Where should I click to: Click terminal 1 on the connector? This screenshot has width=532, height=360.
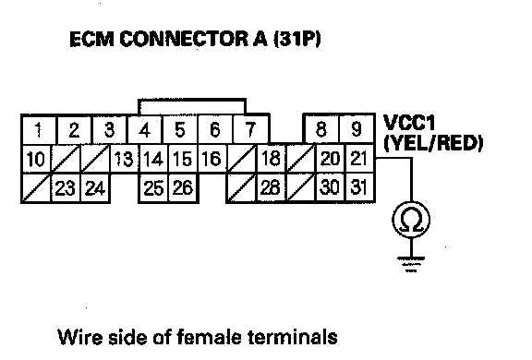[x=39, y=130]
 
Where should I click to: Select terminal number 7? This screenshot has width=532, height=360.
[x=250, y=130]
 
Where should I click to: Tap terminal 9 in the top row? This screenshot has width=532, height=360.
[x=357, y=129]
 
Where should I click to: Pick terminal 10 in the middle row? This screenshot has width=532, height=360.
[x=36, y=159]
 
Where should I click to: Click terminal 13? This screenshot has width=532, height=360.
[x=124, y=159]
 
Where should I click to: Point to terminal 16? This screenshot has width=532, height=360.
[x=212, y=159]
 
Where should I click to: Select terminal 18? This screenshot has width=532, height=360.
[x=271, y=158]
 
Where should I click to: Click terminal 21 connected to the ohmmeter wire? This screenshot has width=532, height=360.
[x=359, y=158]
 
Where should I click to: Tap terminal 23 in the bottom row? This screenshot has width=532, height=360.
[x=66, y=188]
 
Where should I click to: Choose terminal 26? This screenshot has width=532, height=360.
[x=183, y=188]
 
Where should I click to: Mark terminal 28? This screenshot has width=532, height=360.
[x=271, y=188]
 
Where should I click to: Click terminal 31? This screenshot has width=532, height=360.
[x=359, y=187]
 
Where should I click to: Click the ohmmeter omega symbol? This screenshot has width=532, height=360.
[x=411, y=221]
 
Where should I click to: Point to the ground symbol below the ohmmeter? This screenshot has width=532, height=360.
[x=411, y=264]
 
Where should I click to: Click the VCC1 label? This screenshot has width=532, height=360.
[x=409, y=123]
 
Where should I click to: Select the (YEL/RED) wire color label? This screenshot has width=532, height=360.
[x=433, y=143]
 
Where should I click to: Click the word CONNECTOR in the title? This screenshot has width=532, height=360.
[x=184, y=39]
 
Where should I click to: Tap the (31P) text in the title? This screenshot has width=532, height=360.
[x=297, y=39]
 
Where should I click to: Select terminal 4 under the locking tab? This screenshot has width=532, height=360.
[x=145, y=130]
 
